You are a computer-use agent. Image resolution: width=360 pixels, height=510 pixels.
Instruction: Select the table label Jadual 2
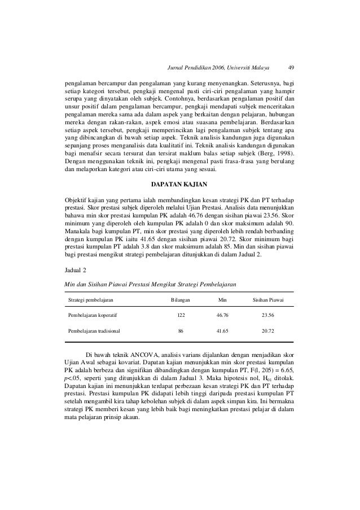point(77,271)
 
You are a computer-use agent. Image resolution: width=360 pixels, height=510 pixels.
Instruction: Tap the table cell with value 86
point(181,331)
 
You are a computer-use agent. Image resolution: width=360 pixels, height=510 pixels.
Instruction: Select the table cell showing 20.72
point(272,331)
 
